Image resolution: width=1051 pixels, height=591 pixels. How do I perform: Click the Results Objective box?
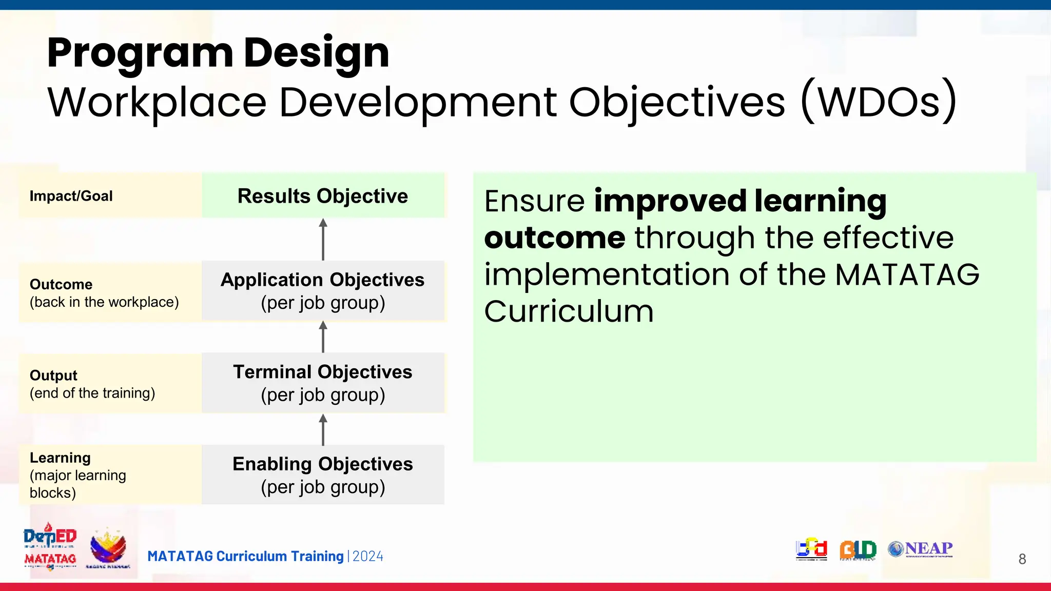coord(323,195)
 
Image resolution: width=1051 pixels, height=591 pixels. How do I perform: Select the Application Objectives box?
coord(323,291)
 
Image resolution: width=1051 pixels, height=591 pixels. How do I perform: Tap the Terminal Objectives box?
coord(323,383)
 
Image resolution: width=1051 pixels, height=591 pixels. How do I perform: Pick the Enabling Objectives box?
coord(323,475)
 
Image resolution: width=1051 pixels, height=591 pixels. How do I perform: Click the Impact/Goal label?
coord(71,196)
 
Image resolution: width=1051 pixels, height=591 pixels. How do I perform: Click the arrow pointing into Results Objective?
coord(323,239)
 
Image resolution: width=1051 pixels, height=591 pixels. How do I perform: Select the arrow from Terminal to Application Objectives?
coord(323,337)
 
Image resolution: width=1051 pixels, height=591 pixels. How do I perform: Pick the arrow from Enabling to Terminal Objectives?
coord(323,429)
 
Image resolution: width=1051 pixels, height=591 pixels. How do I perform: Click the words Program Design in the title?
coord(218,53)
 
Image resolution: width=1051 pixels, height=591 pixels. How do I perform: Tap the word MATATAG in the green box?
coord(907,274)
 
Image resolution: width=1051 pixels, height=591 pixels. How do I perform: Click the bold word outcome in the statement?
coord(555,238)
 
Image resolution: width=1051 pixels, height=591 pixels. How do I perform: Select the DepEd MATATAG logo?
coord(50,547)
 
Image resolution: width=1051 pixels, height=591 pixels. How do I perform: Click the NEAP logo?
coord(921,549)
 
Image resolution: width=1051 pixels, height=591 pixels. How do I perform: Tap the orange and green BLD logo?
coord(858,550)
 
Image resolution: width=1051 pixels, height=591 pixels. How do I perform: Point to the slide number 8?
coord(1022,559)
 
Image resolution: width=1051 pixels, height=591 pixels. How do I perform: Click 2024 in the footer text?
coord(368,557)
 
